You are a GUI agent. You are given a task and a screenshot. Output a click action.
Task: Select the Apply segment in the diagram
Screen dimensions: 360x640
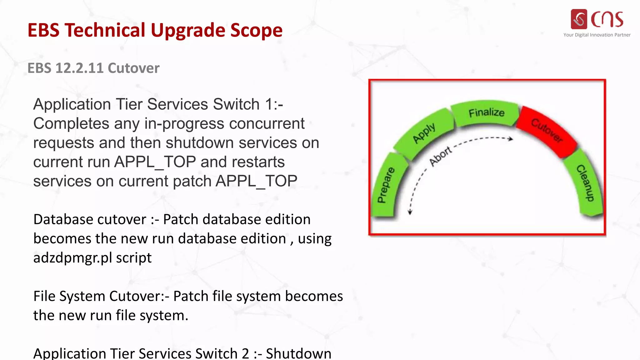click(424, 133)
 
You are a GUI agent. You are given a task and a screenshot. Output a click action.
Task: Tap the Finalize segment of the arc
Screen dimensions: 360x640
click(486, 113)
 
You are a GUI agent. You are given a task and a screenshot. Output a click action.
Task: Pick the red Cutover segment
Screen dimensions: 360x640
click(547, 131)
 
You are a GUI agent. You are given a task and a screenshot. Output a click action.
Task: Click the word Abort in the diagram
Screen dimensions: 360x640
click(441, 156)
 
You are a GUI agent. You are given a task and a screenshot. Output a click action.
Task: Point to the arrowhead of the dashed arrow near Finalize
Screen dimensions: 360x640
click(511, 139)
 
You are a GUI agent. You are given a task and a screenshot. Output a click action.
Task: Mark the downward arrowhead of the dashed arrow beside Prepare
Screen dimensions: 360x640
click(410, 212)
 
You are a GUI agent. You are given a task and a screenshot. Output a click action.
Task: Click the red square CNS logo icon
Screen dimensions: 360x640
click(579, 19)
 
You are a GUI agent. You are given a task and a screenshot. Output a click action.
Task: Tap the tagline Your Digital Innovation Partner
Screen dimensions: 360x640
click(597, 35)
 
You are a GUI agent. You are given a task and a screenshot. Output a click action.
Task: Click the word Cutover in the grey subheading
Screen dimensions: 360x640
click(133, 68)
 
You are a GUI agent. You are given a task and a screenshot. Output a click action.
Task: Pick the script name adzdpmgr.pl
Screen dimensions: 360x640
click(72, 258)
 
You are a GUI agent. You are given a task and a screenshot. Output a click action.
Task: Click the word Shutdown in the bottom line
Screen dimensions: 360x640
click(298, 353)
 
